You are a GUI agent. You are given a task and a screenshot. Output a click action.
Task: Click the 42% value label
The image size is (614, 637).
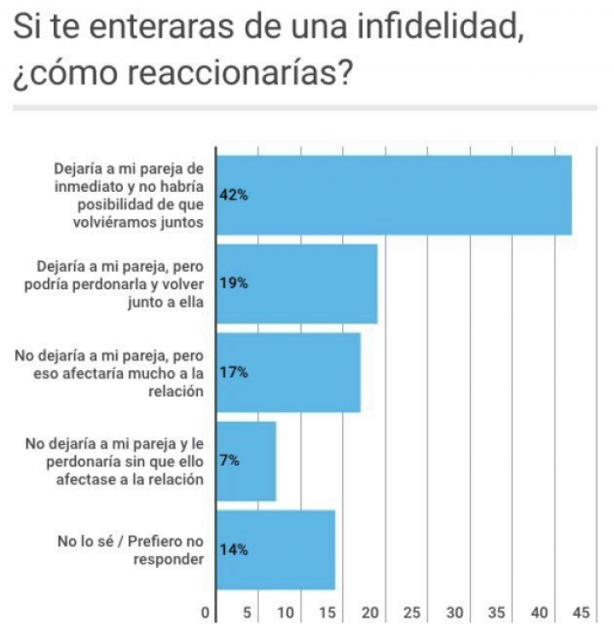click(234, 195)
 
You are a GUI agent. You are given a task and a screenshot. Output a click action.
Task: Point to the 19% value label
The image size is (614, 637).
click(234, 284)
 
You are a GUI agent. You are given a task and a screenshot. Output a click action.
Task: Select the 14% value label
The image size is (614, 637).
click(234, 550)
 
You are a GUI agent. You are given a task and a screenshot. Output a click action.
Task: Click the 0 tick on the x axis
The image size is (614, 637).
click(205, 612)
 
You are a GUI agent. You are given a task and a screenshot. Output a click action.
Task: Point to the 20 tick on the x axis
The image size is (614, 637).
click(371, 612)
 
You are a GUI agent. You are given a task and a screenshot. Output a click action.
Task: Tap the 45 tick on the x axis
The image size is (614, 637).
click(582, 612)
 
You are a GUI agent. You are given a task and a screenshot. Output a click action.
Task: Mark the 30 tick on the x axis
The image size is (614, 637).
click(455, 612)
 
